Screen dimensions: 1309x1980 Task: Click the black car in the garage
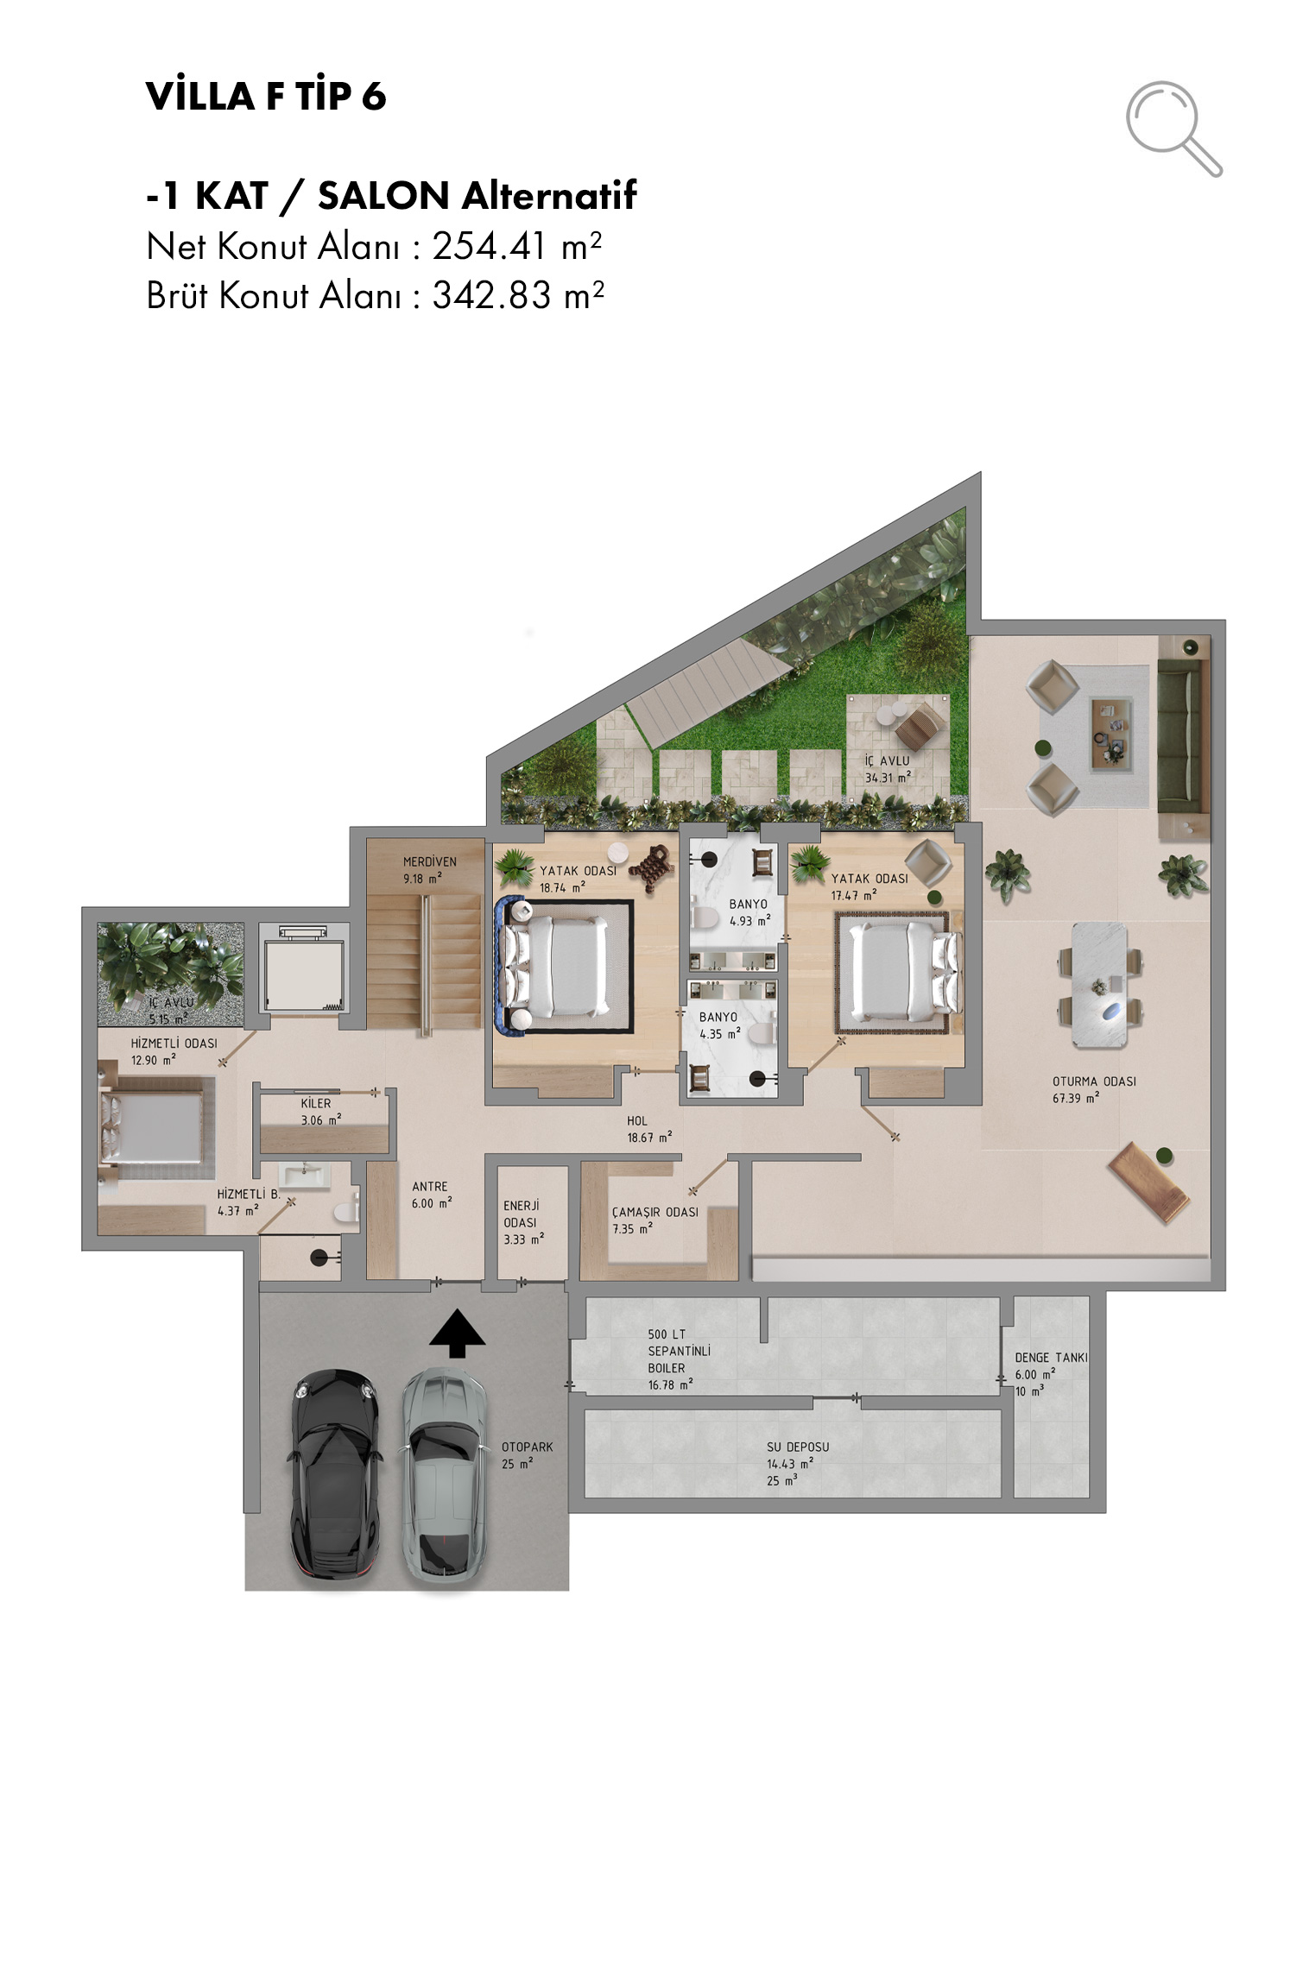(335, 1477)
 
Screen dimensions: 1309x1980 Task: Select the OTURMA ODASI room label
(1094, 1081)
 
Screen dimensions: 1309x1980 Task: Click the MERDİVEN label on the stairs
(429, 861)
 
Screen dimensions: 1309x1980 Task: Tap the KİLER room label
(316, 1103)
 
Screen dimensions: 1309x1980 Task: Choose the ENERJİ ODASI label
(521, 1214)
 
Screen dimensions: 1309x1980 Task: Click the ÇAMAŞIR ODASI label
(655, 1212)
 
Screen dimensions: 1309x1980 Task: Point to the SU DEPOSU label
(798, 1447)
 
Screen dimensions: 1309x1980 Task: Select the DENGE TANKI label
(1051, 1358)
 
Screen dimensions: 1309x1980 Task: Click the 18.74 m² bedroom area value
(562, 887)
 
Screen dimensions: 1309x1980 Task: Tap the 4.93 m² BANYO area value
(749, 921)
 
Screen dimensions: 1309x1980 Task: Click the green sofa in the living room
(1183, 737)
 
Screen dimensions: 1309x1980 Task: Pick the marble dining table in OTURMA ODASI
(1099, 985)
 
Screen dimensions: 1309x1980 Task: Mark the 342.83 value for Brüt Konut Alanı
(491, 295)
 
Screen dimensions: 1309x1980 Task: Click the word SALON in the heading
(383, 195)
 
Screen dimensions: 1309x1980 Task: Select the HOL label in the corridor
(637, 1120)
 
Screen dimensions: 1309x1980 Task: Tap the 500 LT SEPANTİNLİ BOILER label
(679, 1351)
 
